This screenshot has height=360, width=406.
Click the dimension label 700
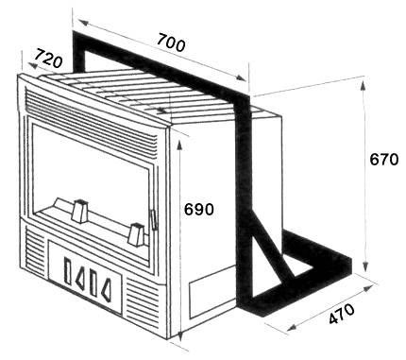(x=171, y=43)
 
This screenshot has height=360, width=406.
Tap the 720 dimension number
(x=48, y=59)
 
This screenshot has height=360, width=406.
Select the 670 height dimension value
(x=383, y=160)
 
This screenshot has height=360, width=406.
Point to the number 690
(x=199, y=209)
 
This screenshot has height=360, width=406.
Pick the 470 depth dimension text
(x=342, y=314)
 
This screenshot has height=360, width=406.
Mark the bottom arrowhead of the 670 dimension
(x=365, y=266)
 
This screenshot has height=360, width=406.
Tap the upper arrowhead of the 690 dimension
(x=179, y=146)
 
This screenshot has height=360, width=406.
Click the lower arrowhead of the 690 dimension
(x=180, y=336)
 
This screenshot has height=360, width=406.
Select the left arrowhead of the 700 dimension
(x=83, y=23)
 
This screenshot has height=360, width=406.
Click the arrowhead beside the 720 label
(x=32, y=65)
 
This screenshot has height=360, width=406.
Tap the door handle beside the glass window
(x=154, y=220)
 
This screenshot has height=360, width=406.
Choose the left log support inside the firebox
(x=79, y=211)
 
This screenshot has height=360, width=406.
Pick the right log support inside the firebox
(x=136, y=233)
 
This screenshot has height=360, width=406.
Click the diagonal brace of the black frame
(x=272, y=246)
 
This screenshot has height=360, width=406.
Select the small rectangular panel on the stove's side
(x=211, y=292)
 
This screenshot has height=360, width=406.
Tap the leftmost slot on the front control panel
(x=68, y=271)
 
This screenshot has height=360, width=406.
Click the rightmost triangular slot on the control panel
(x=107, y=290)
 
